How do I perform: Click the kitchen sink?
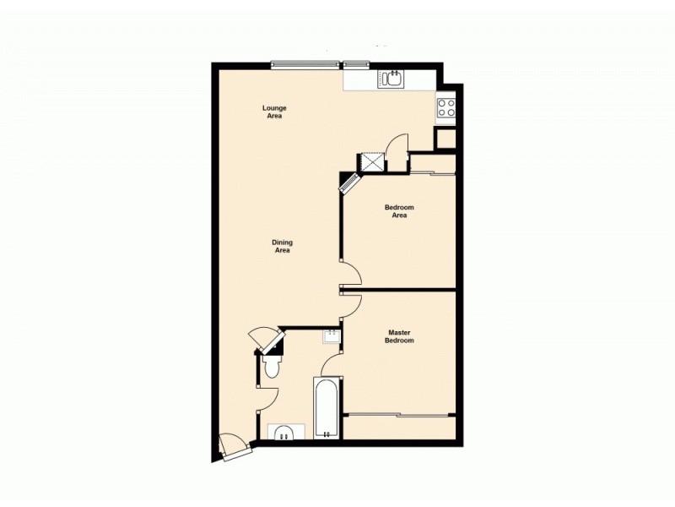391,79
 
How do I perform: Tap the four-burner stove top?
445,107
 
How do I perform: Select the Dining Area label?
282,246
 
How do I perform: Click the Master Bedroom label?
400,336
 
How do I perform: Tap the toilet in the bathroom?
272,367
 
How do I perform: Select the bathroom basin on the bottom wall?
284,433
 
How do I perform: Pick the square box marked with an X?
372,161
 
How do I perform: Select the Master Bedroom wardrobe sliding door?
400,415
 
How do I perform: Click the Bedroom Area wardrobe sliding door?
432,175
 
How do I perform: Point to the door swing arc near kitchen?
396,144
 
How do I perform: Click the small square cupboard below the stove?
445,138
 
